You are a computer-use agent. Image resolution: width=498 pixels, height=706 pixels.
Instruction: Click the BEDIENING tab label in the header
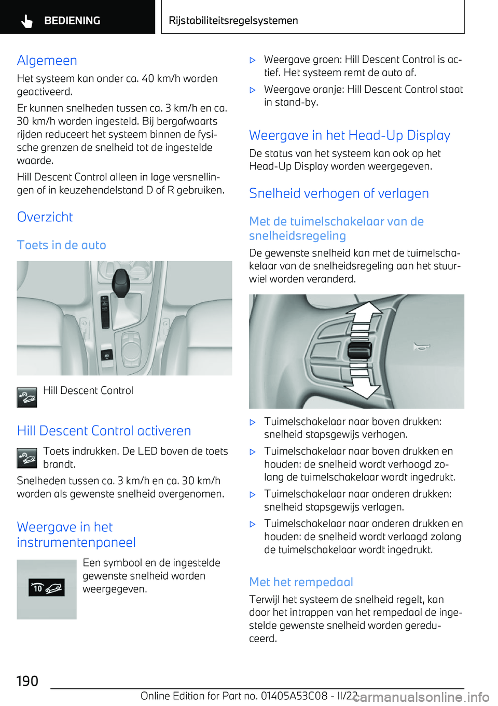point(72,21)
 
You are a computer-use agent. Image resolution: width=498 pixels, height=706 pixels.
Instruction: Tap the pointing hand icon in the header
point(27,21)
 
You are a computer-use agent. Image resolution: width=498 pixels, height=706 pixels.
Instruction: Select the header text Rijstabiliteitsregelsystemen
point(233,21)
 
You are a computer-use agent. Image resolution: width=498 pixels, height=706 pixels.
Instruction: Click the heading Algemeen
point(47,61)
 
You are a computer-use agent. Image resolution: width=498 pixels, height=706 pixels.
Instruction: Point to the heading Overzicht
point(45,217)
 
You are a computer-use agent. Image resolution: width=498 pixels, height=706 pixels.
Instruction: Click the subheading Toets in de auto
point(61,245)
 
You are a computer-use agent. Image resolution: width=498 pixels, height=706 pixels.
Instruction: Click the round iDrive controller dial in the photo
point(131,347)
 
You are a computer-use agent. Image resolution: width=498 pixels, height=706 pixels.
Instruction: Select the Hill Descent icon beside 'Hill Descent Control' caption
point(27,398)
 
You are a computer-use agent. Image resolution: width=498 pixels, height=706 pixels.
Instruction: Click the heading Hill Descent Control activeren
point(104,431)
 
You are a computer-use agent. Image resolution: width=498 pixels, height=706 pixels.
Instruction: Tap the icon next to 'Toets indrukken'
point(27,458)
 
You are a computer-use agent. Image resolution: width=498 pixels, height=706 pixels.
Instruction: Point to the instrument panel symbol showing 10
point(47,588)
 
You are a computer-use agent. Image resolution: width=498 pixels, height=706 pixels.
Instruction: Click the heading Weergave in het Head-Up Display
point(349,136)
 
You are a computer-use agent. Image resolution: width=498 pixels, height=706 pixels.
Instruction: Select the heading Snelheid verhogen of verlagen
point(339,194)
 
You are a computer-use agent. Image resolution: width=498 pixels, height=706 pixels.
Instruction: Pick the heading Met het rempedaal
point(301,583)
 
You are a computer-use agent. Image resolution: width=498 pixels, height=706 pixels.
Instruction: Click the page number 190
point(27,681)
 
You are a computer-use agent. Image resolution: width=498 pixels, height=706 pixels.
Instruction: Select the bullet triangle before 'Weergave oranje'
point(253,90)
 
